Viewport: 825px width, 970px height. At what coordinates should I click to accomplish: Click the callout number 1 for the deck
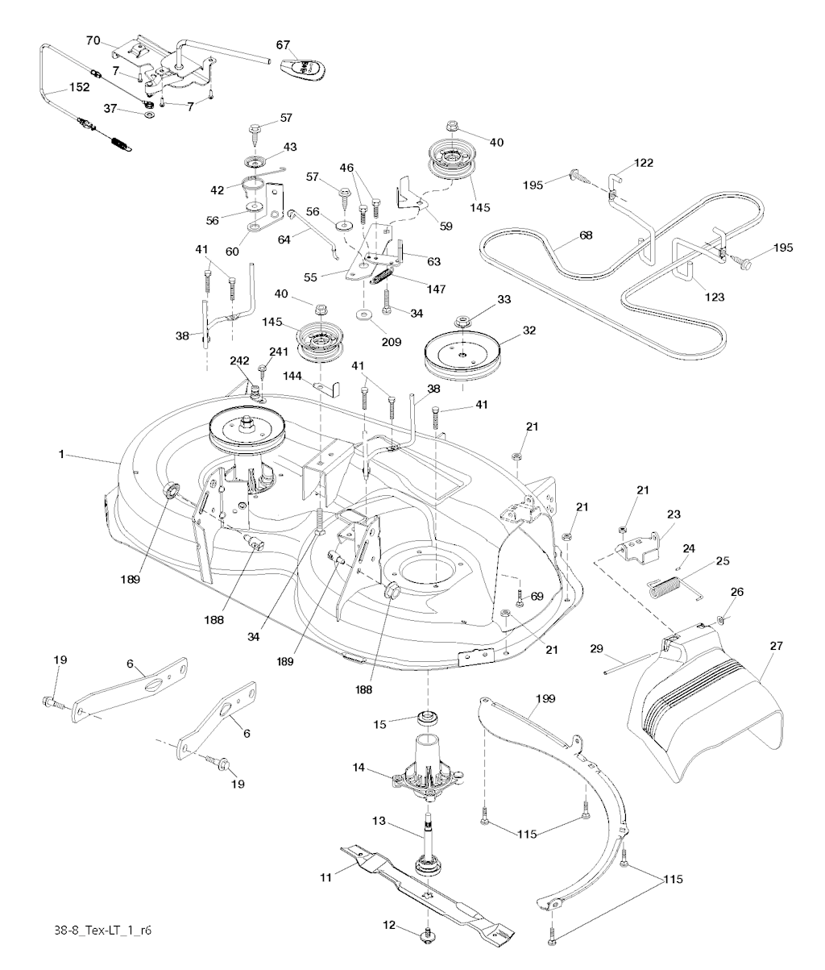[60, 455]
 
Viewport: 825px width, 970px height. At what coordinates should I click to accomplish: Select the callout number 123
[714, 297]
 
